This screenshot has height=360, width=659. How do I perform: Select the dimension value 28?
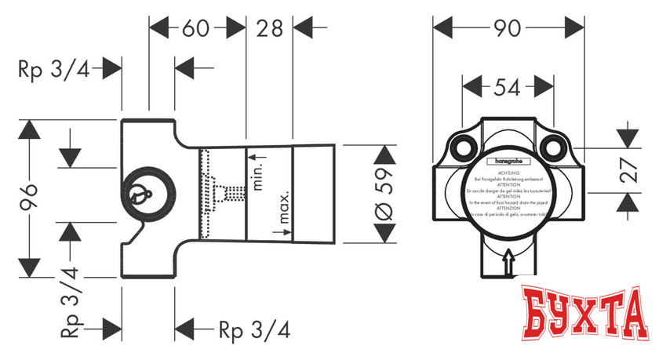pos(270,30)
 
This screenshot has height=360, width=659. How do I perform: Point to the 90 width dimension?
pos(509,29)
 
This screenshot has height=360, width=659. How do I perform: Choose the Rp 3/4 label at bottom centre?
pos(253,329)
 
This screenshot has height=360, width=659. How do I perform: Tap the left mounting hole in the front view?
pos(461,148)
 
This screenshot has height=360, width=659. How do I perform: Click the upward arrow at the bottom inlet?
pos(509,260)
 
